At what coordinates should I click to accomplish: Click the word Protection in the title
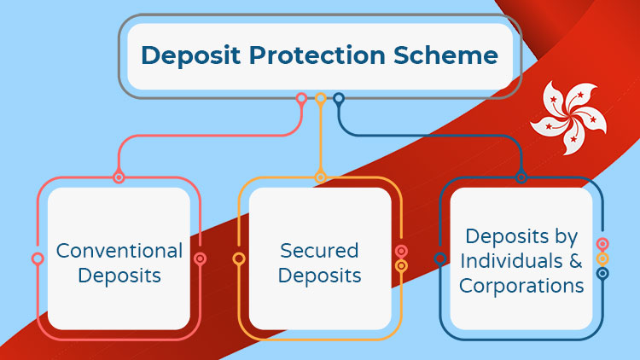pyautogui.click(x=317, y=55)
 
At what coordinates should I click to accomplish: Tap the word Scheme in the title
pyautogui.click(x=445, y=55)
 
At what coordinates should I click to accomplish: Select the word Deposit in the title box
pyautogui.click(x=190, y=55)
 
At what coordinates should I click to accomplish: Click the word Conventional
pyautogui.click(x=119, y=251)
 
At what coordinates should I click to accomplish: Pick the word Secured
pyautogui.click(x=319, y=251)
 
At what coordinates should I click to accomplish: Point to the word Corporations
pyautogui.click(x=521, y=286)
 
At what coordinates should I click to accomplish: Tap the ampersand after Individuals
pyautogui.click(x=575, y=261)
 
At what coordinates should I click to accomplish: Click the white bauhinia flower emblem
pyautogui.click(x=569, y=118)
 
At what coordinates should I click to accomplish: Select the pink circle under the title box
pyautogui.click(x=301, y=98)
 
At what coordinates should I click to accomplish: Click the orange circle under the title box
pyautogui.click(x=320, y=98)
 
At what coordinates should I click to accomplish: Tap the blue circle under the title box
pyautogui.click(x=339, y=98)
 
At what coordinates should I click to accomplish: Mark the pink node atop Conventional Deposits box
pyautogui.click(x=119, y=177)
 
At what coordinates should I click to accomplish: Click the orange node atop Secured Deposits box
pyautogui.click(x=320, y=177)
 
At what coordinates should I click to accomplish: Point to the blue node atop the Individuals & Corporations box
pyautogui.click(x=521, y=177)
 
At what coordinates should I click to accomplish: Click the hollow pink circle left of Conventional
pyautogui.click(x=38, y=258)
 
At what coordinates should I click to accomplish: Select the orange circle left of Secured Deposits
pyautogui.click(x=239, y=258)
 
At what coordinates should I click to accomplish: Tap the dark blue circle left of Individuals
pyautogui.click(x=440, y=258)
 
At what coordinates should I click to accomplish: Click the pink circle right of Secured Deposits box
pyautogui.click(x=401, y=251)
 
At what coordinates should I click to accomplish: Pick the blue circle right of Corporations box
pyautogui.click(x=602, y=274)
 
